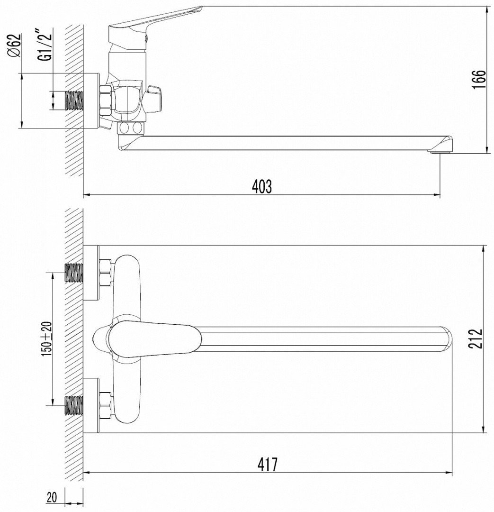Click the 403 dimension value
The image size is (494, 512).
coord(262,186)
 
